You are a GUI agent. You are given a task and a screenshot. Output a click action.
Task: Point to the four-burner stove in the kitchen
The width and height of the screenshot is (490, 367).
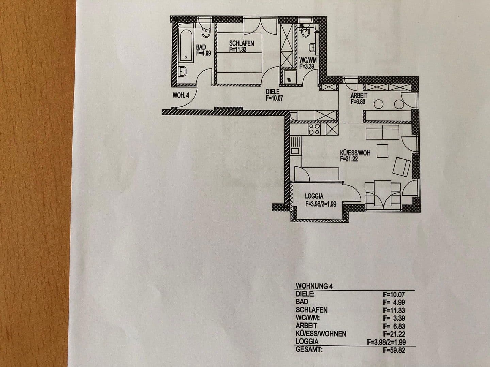click(314, 129)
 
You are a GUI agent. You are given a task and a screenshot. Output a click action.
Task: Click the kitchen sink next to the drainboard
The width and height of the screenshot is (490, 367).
click(295, 151)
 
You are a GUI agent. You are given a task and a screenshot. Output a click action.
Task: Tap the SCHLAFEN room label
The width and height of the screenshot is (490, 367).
click(241, 43)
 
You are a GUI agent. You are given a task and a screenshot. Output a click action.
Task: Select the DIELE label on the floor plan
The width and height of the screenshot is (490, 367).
click(273, 92)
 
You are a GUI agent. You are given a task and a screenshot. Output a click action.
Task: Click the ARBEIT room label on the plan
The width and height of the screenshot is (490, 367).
click(359, 96)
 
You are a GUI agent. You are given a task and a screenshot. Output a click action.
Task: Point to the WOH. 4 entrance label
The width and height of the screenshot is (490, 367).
click(181, 95)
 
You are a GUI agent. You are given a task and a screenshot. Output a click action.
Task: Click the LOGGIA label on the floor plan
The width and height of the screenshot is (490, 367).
click(314, 196)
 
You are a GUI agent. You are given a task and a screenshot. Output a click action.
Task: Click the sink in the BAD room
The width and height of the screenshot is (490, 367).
click(183, 71)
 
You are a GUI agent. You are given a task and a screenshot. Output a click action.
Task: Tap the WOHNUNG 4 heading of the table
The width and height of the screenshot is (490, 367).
click(314, 286)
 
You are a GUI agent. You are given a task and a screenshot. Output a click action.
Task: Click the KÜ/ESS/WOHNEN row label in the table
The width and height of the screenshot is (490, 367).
click(321, 334)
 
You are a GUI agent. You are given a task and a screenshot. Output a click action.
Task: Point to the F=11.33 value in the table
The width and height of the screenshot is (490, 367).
click(394, 310)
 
